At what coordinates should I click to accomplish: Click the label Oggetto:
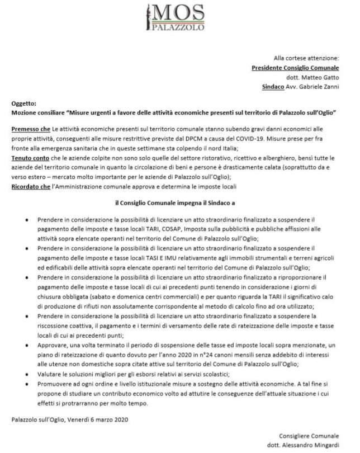click(x=23, y=104)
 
